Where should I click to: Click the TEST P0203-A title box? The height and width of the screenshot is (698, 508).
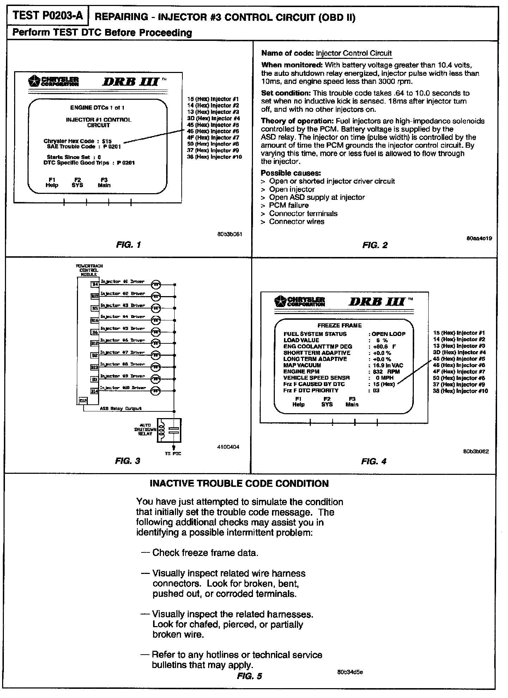[x=47, y=16]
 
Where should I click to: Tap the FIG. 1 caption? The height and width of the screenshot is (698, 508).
[x=128, y=245]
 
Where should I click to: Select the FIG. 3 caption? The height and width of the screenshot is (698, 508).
[x=127, y=461]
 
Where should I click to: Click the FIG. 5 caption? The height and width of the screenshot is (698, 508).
[x=249, y=676]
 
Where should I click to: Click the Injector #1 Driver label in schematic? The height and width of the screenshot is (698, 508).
[x=122, y=282]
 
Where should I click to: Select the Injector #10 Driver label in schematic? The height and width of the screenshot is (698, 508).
[x=123, y=388]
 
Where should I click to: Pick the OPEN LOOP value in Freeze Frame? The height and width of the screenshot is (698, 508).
[x=388, y=334]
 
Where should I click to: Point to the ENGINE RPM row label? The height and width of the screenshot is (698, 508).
[x=301, y=372]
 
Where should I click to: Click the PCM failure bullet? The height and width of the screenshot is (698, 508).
[x=289, y=205]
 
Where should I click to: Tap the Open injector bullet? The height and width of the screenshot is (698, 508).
[x=291, y=189]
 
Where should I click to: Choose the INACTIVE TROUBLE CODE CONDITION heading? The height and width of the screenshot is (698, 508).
[x=239, y=483]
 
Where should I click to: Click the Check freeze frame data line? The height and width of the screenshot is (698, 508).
[x=205, y=553]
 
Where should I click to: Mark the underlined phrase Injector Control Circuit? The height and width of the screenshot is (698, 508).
[x=353, y=53]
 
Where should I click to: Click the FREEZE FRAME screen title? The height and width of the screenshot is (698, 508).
[x=339, y=325]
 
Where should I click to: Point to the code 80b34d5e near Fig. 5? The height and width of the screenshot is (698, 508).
[x=350, y=672]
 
